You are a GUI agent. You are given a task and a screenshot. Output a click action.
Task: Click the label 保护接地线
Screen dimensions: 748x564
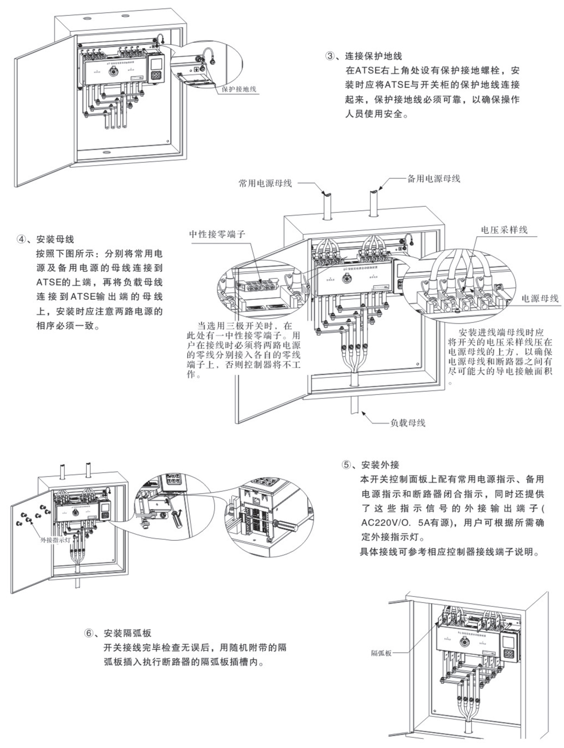click(239, 89)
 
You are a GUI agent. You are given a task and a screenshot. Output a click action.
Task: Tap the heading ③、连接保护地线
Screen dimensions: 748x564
click(364, 56)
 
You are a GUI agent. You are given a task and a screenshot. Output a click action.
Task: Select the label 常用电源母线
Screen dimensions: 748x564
click(265, 183)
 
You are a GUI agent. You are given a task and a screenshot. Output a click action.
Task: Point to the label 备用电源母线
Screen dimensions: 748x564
click(433, 179)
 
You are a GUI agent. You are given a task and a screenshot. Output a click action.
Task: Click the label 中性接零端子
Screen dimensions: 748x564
click(217, 234)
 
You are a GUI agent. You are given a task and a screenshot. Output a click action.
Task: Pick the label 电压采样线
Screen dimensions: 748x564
click(504, 230)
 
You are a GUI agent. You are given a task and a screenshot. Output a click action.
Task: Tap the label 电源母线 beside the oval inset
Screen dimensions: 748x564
click(539, 298)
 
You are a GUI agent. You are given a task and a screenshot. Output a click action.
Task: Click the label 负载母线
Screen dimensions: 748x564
click(408, 423)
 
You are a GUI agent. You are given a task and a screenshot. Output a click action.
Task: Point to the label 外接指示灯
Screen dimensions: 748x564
click(55, 540)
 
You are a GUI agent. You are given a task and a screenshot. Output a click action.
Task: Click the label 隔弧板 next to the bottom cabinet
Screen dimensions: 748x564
click(381, 653)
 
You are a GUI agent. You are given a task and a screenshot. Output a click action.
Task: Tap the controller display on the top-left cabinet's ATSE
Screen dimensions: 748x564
click(156, 64)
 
